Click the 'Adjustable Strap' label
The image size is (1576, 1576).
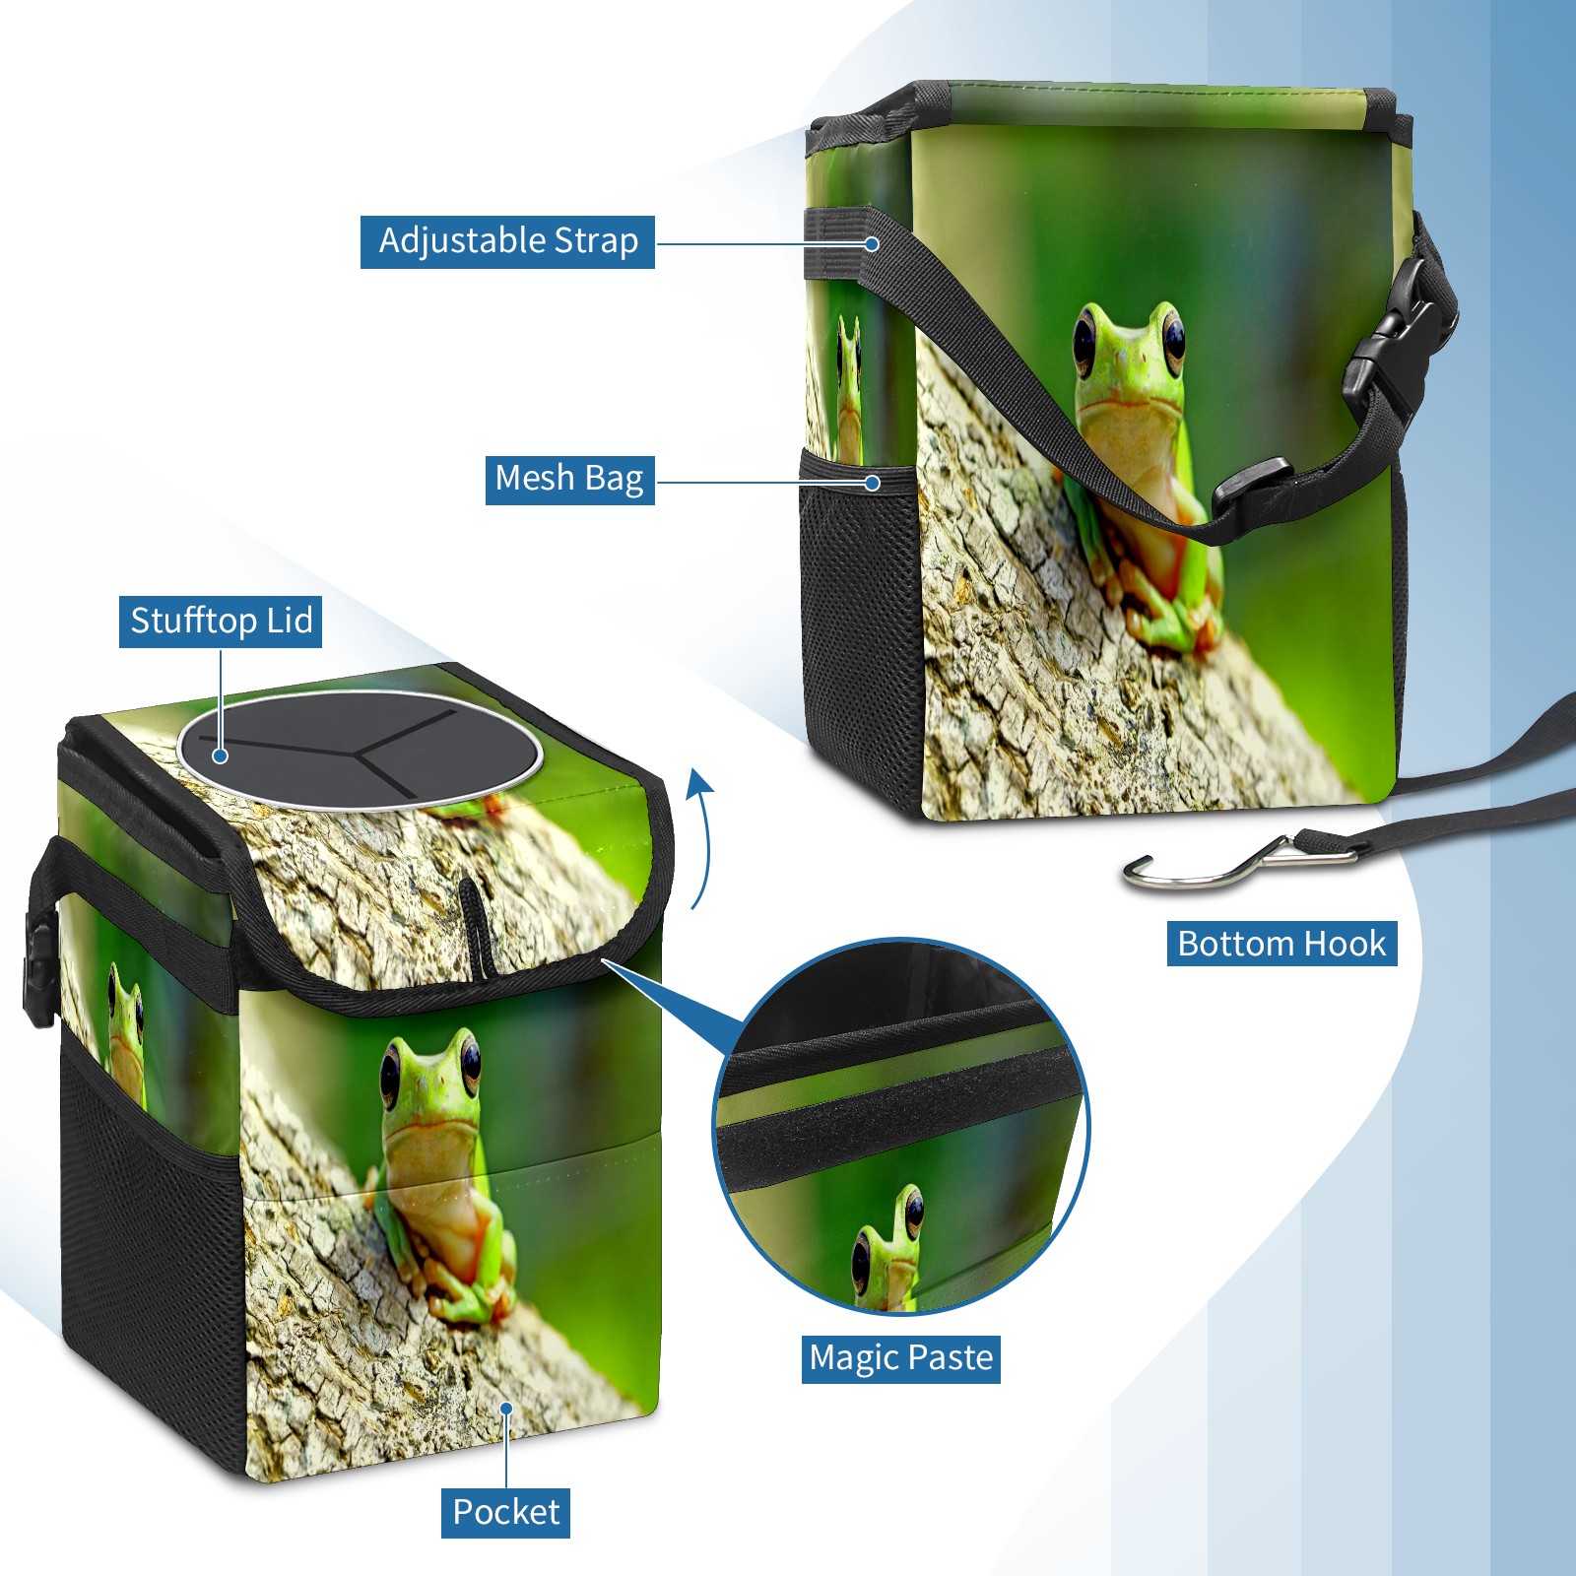coord(507,241)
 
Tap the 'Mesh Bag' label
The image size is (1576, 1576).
coord(569,479)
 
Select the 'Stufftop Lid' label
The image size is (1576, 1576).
coord(221,622)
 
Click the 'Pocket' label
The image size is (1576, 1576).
coord(505,1512)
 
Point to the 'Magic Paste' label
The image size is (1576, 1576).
coord(900,1358)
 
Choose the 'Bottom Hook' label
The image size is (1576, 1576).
coord(1281,944)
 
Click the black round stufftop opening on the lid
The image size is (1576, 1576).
coord(360,751)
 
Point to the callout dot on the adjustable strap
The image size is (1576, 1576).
coord(872,243)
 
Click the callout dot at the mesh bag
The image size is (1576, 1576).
coord(872,483)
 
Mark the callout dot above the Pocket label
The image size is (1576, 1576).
coord(506,1409)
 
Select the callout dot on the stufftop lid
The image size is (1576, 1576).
coord(221,755)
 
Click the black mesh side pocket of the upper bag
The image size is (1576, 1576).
coord(861,630)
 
